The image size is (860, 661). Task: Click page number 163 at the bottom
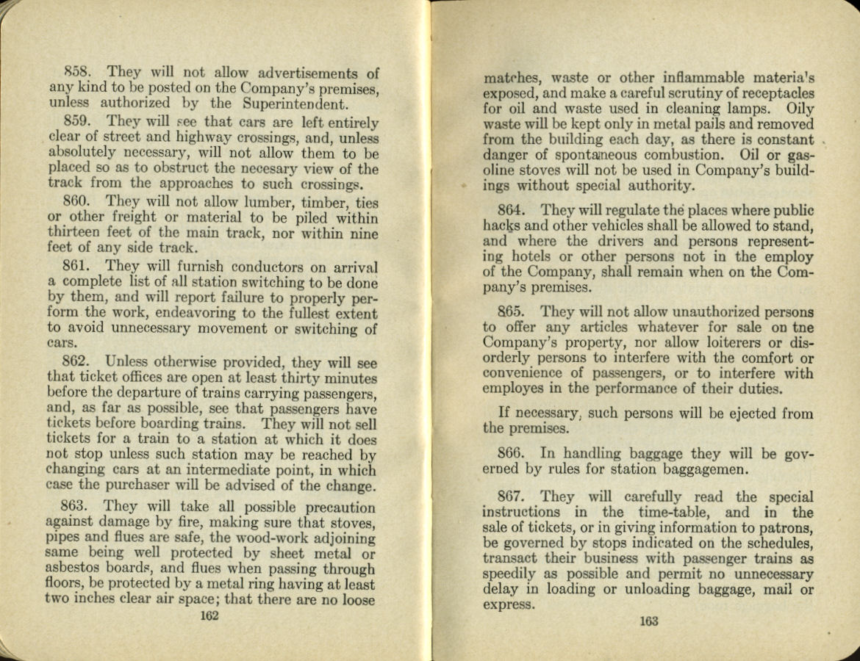point(648,621)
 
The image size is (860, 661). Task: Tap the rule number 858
point(77,73)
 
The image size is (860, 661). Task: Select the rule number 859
point(77,122)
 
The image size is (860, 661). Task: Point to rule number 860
point(77,201)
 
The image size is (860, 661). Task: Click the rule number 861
point(77,267)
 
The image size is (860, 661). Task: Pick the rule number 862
point(77,362)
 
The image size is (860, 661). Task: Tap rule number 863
point(76,507)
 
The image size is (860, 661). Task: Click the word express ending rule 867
point(507,605)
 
